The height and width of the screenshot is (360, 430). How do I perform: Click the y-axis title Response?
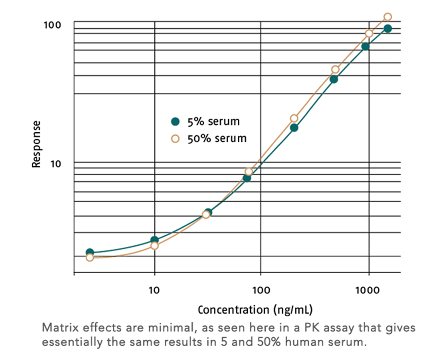[x=37, y=144]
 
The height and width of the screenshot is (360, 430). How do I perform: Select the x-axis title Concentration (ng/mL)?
[x=255, y=309]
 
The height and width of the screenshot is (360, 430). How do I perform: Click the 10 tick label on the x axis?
[x=154, y=290]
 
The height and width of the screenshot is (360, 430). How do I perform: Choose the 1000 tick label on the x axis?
[x=368, y=290]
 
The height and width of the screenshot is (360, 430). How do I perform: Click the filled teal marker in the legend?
[x=175, y=122]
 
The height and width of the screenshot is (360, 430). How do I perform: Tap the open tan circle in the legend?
[x=175, y=138]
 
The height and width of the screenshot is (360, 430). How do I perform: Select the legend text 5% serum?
[x=213, y=122]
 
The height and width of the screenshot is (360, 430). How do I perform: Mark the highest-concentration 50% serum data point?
[x=387, y=17]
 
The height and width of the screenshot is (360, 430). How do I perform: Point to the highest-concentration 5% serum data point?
[x=387, y=28]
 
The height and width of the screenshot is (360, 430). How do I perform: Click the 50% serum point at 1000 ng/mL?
[x=369, y=34]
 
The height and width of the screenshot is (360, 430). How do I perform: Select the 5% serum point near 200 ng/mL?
[x=294, y=128]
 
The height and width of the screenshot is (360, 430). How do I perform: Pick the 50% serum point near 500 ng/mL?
[x=335, y=70]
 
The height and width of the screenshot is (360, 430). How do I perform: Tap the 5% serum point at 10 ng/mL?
[x=155, y=240]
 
